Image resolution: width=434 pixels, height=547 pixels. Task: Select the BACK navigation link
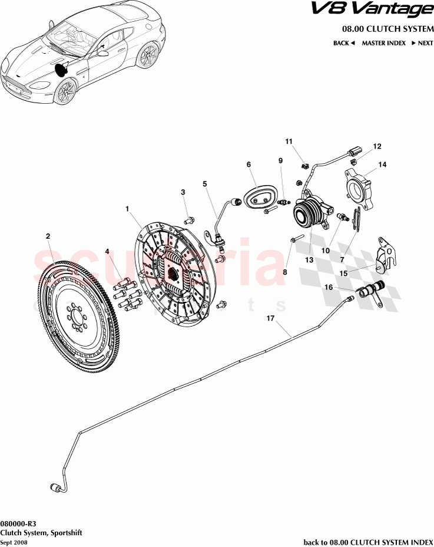[x=343, y=43]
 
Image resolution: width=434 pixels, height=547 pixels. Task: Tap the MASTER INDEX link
[x=383, y=43]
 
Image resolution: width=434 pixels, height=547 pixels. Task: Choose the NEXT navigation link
[x=422, y=43]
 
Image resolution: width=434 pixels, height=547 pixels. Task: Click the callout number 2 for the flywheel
[x=48, y=236]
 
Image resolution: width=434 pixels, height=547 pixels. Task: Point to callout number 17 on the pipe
[x=271, y=318]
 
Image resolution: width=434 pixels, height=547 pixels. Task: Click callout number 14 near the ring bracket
[x=382, y=164]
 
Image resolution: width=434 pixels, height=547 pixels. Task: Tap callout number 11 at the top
[x=289, y=141]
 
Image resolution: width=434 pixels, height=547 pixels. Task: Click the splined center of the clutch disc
[x=174, y=272]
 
